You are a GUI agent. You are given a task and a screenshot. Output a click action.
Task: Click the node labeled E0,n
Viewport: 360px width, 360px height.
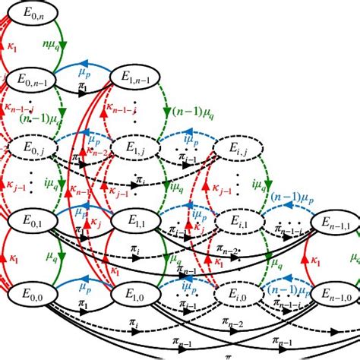click(30, 13)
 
